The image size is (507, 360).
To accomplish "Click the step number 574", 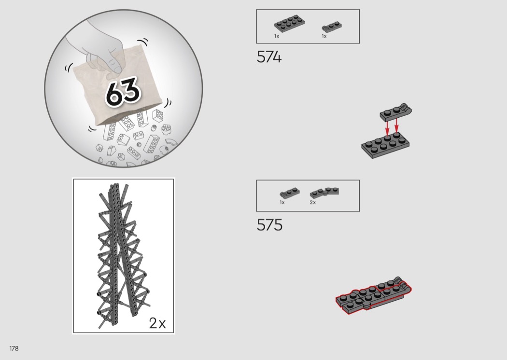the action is tap(269, 57).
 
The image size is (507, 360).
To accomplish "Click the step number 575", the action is tap(269, 225).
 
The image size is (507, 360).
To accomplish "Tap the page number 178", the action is tap(14, 348).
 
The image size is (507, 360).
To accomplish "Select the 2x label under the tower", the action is tap(157, 323).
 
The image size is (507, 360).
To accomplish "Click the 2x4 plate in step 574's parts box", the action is tap(290, 23).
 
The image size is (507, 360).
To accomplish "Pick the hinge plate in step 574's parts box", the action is tap(332, 26).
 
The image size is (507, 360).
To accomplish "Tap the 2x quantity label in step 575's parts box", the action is tap(313, 202).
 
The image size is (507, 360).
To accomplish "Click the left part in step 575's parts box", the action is tap(289, 193).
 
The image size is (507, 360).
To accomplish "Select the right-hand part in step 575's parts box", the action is tap(324, 193).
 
